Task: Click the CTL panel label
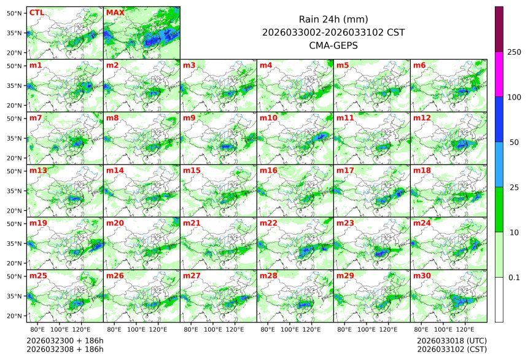click(x=36, y=12)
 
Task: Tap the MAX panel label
click(x=115, y=12)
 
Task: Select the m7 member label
click(x=36, y=117)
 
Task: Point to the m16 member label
click(x=268, y=170)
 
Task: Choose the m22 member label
click(x=268, y=223)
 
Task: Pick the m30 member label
click(x=422, y=276)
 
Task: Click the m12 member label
click(x=422, y=117)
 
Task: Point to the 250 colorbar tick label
click(x=514, y=52)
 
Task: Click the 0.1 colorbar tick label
click(x=514, y=277)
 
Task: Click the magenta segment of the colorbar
click(x=499, y=74)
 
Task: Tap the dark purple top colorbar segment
click(x=499, y=29)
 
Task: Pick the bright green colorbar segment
click(x=499, y=209)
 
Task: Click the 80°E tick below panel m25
click(x=45, y=329)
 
